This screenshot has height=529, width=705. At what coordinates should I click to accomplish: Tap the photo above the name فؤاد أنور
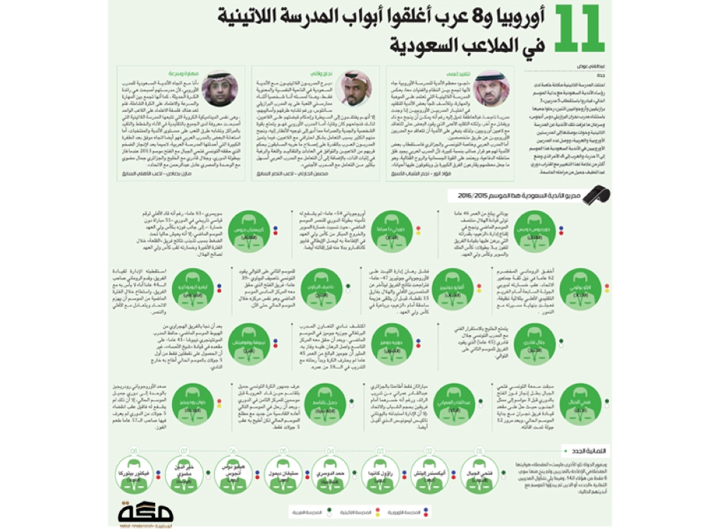(491, 88)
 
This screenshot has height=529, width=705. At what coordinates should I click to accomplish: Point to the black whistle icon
(601, 195)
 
